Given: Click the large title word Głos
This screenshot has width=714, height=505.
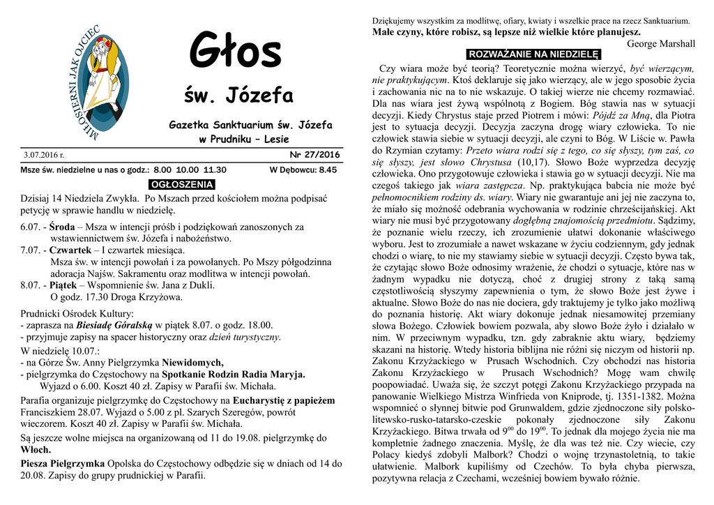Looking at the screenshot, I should (236, 52).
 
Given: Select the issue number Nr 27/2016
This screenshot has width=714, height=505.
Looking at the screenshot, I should (314, 155).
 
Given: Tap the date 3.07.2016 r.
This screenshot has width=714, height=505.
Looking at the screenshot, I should (43, 155).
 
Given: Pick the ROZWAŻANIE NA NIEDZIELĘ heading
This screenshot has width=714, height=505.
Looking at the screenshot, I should (534, 54).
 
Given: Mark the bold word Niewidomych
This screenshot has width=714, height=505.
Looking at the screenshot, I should (193, 362).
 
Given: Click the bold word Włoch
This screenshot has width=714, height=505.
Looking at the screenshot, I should (36, 450).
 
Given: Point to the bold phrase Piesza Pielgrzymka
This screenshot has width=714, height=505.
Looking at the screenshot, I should (63, 463).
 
